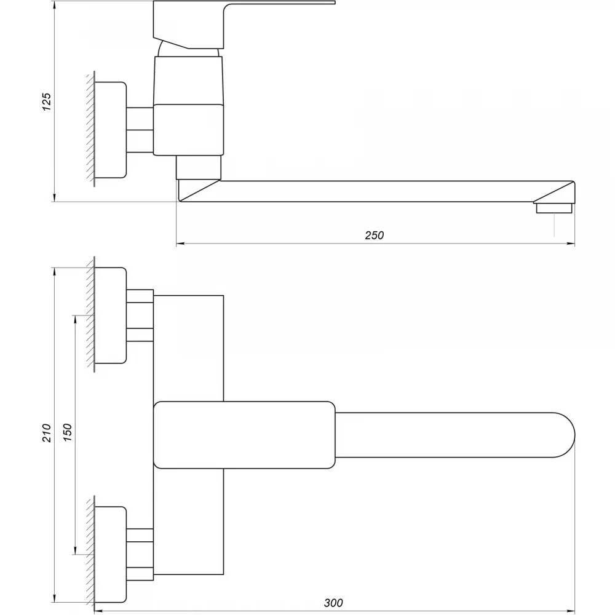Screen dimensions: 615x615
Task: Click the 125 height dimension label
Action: tap(47, 101)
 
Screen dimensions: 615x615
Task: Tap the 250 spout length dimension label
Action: tap(374, 236)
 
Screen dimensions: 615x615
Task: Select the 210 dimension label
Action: tap(47, 433)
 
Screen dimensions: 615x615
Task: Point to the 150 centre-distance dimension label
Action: tap(68, 433)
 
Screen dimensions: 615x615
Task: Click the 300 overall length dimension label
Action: tap(333, 603)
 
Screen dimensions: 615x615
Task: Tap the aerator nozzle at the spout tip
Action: tap(554, 208)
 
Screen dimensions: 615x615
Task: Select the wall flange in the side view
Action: tap(111, 130)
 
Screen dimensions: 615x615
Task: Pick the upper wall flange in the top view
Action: tap(111, 315)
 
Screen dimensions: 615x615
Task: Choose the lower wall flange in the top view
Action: tap(111, 554)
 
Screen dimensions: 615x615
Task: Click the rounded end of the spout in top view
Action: tap(565, 435)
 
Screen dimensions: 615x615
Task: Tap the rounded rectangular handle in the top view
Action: tap(244, 435)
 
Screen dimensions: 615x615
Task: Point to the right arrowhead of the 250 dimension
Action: tap(571, 244)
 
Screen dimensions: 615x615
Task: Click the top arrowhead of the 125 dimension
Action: tap(55, 5)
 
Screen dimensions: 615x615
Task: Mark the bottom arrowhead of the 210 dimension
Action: tap(55, 598)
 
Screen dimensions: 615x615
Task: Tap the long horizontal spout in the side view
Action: tap(376, 191)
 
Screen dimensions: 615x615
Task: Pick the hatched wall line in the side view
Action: tap(92, 129)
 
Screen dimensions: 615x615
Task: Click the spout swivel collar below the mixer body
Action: tap(199, 167)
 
